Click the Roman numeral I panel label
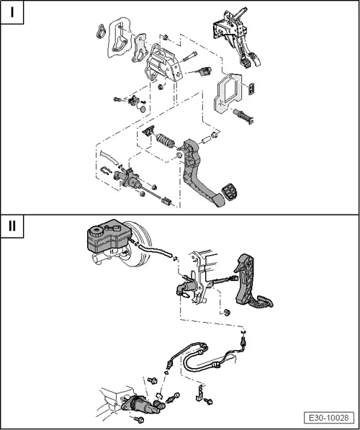12,12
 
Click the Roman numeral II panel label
12,226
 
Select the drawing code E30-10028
329,418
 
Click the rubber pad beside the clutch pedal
229,192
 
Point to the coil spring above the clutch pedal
166,140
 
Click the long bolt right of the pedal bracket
189,56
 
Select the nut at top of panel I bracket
165,37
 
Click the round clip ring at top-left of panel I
102,31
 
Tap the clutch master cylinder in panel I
129,179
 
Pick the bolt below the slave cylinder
139,419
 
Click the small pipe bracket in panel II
200,393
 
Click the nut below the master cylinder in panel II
227,312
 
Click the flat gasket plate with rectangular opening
227,93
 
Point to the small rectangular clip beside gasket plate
252,89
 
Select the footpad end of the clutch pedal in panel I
219,200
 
